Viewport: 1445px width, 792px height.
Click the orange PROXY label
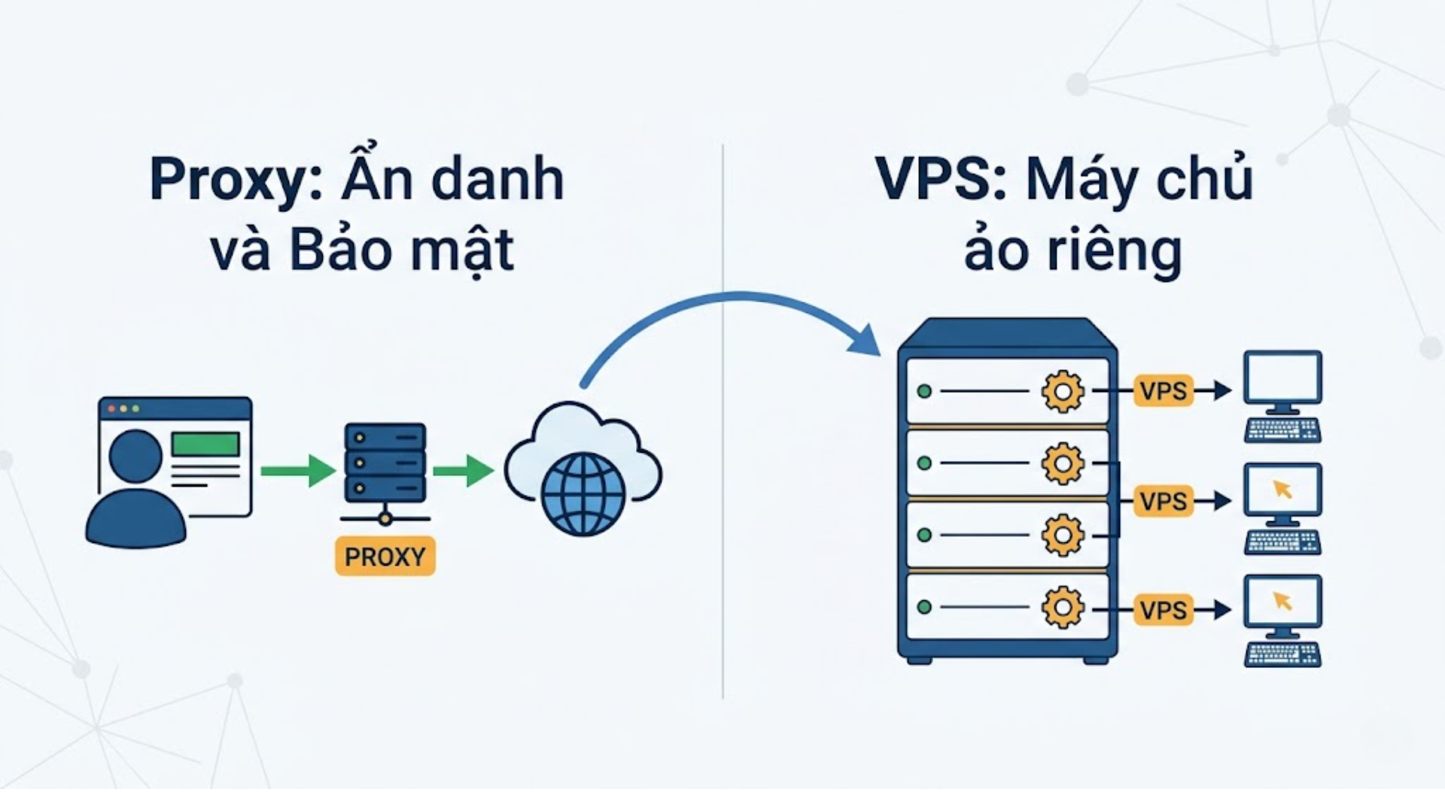(x=385, y=557)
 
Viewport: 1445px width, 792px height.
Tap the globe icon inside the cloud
(x=583, y=493)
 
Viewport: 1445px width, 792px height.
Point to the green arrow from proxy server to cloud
(x=463, y=471)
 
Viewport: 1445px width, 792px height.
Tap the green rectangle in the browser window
(x=205, y=444)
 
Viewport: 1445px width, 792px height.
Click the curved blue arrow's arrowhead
(x=865, y=340)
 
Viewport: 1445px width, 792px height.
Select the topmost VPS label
(x=1164, y=391)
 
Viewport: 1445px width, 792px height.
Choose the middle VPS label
(x=1164, y=501)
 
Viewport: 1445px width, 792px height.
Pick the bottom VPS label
(x=1164, y=610)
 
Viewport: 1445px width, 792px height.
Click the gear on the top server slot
(x=1063, y=391)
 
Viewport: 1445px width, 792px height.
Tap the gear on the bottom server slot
(x=1063, y=607)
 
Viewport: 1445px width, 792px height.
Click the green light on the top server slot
(x=924, y=391)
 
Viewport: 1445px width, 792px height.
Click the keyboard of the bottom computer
(x=1282, y=654)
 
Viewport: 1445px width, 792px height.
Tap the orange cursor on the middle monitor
(x=1282, y=489)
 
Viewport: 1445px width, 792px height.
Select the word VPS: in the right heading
(x=942, y=181)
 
